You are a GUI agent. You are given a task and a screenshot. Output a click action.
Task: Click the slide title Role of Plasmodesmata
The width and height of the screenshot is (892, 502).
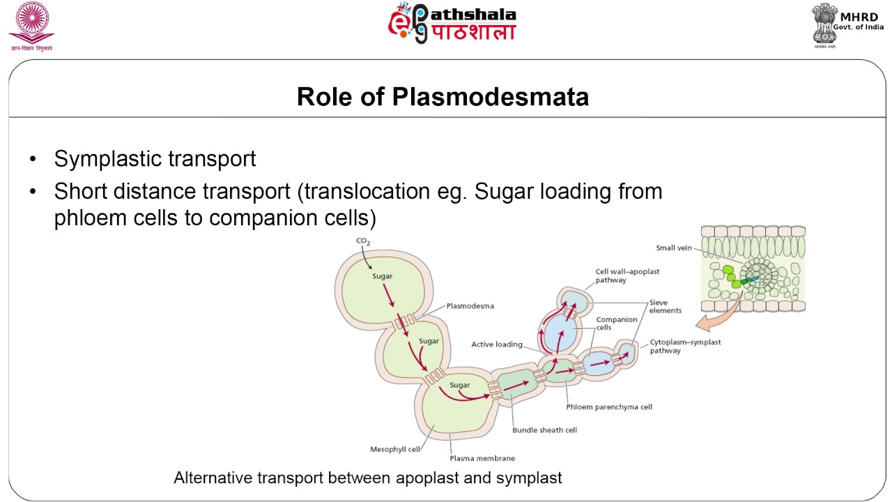tap(443, 97)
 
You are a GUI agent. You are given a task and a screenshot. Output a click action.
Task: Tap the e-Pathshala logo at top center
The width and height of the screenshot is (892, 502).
tap(452, 24)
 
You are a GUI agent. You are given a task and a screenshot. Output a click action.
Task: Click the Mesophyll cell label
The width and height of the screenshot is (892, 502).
tap(394, 449)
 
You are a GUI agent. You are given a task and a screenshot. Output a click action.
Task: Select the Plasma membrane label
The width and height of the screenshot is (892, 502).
tap(482, 458)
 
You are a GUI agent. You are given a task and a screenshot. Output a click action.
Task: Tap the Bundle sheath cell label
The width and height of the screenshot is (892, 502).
tap(544, 429)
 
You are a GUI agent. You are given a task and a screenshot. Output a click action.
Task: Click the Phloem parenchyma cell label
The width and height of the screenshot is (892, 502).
tap(609, 406)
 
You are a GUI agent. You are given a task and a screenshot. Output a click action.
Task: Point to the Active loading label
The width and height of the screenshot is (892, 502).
tap(497, 344)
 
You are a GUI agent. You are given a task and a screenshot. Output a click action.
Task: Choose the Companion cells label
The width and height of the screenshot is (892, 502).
tap(617, 324)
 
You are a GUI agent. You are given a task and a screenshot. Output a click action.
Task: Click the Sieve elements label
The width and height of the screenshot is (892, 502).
tap(665, 307)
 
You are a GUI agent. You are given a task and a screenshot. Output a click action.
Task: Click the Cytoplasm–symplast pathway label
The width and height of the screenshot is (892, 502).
tap(685, 347)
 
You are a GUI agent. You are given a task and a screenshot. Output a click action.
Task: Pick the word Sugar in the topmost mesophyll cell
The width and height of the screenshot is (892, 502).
tap(383, 276)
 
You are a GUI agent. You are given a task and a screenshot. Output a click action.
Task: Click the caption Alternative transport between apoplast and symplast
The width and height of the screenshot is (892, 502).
tap(367, 478)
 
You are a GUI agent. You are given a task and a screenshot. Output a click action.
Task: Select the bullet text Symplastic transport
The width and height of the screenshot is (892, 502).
tap(155, 159)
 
